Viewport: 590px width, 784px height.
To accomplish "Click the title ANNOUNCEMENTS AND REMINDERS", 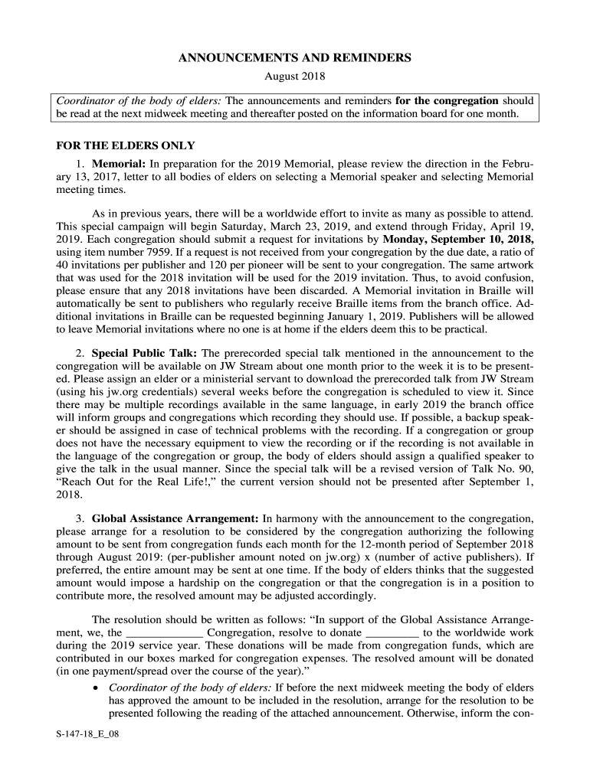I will click(295, 57).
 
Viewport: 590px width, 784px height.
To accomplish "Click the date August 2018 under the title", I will click(295, 77).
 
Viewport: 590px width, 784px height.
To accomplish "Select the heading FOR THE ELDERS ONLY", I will click(126, 145).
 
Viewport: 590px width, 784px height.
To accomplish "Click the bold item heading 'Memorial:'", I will click(119, 164).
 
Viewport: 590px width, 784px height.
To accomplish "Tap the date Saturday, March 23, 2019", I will click(284, 224).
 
